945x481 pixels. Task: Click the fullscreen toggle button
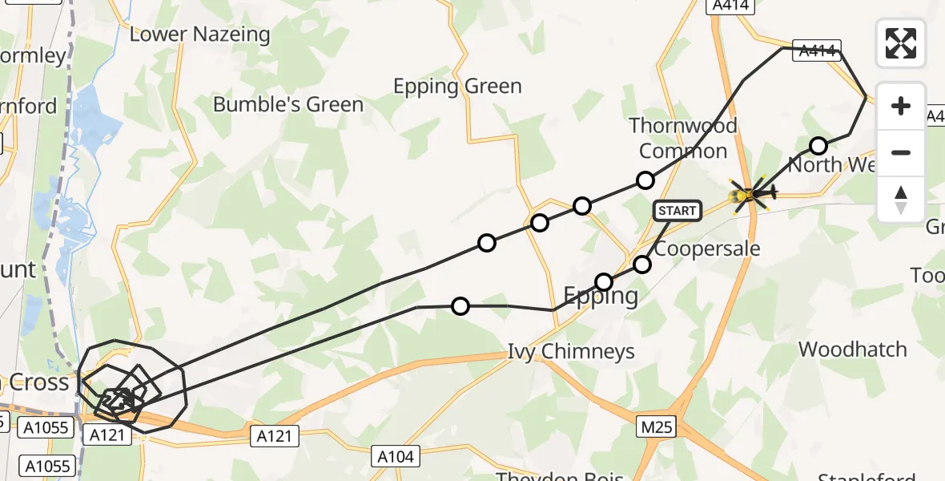(x=901, y=42)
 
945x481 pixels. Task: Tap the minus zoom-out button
(x=901, y=152)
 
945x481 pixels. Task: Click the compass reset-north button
(x=901, y=200)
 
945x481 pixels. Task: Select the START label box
(x=678, y=211)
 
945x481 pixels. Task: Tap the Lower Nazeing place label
(x=199, y=34)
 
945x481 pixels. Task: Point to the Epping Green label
(x=457, y=87)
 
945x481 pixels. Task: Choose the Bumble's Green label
(x=288, y=105)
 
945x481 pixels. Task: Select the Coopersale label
(x=706, y=249)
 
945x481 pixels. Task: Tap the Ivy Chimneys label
(x=571, y=351)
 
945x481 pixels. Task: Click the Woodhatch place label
(x=852, y=350)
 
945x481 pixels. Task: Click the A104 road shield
(x=396, y=457)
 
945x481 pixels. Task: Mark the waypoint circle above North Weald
(x=818, y=146)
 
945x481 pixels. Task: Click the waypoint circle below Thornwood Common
(x=645, y=180)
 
